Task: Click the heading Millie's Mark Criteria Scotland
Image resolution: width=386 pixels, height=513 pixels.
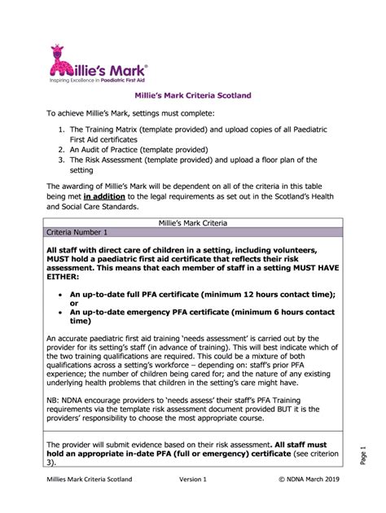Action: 193,95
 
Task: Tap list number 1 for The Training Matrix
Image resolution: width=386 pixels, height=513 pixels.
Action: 60,129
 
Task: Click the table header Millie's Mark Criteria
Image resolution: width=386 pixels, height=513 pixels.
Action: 192,221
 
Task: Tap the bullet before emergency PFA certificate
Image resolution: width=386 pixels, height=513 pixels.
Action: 62,313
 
